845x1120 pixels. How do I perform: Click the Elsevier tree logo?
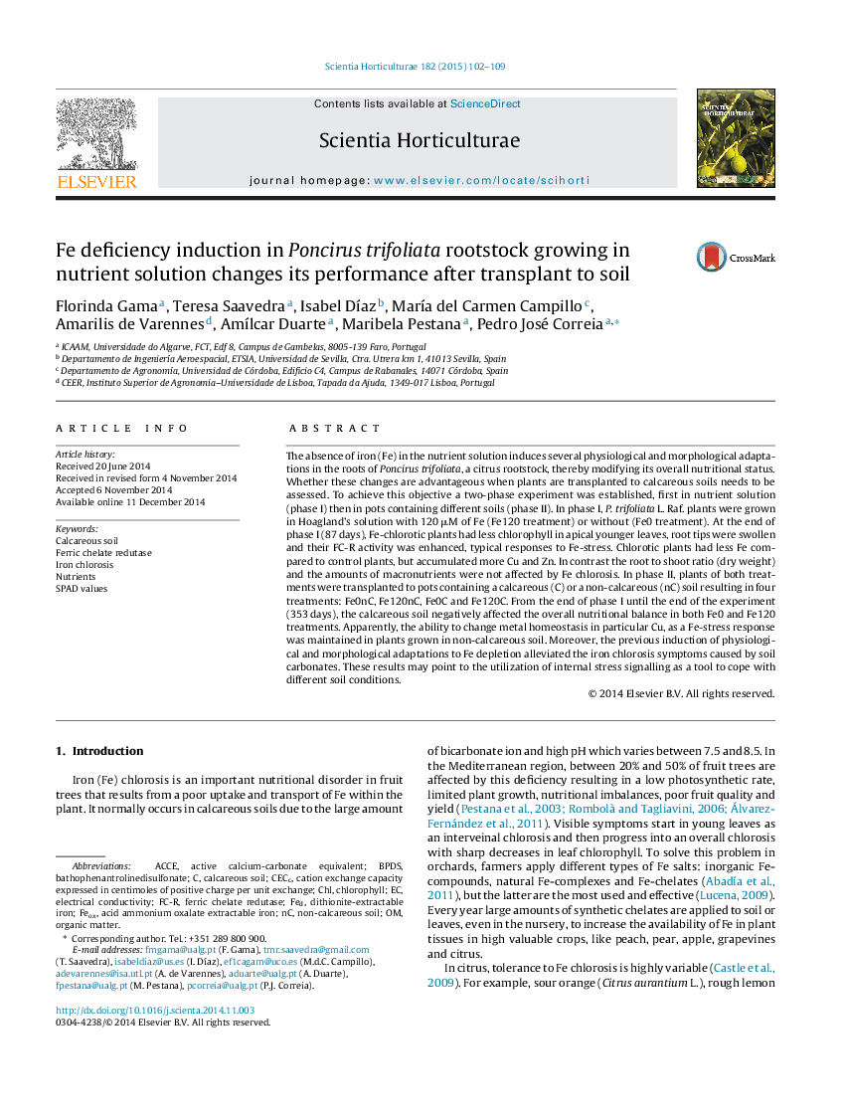pyautogui.click(x=96, y=133)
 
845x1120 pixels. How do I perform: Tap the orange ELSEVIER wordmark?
pyautogui.click(x=96, y=181)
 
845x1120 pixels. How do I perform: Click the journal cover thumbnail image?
pyautogui.click(x=736, y=138)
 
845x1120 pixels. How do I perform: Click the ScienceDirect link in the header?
pyautogui.click(x=485, y=103)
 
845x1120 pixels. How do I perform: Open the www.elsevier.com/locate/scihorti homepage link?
pyautogui.click(x=482, y=180)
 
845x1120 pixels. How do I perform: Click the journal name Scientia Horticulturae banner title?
pyautogui.click(x=420, y=140)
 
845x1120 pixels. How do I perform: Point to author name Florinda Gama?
pyautogui.click(x=107, y=306)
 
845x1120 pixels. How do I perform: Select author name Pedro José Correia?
pyautogui.click(x=540, y=324)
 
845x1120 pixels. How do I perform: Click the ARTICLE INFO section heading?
pyautogui.click(x=122, y=429)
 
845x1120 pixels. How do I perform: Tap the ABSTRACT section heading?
pyautogui.click(x=335, y=429)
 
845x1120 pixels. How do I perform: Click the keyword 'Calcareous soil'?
pyautogui.click(x=87, y=541)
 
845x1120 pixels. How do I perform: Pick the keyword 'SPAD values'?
pyautogui.click(x=82, y=589)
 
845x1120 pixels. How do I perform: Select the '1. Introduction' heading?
pyautogui.click(x=99, y=751)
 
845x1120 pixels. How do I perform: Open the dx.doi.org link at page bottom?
pyautogui.click(x=155, y=1010)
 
